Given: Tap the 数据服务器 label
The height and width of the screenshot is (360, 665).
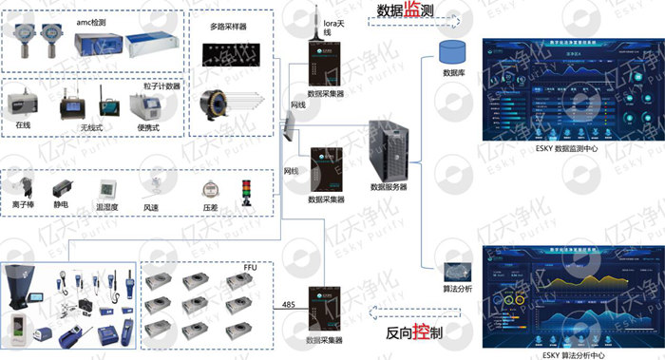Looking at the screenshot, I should click(x=389, y=187).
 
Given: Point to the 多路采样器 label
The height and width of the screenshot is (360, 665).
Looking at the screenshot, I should click(x=228, y=28).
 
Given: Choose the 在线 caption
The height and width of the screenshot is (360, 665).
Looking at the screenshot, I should click(x=24, y=124).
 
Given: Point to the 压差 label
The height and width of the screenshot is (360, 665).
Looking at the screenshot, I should click(x=211, y=204).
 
